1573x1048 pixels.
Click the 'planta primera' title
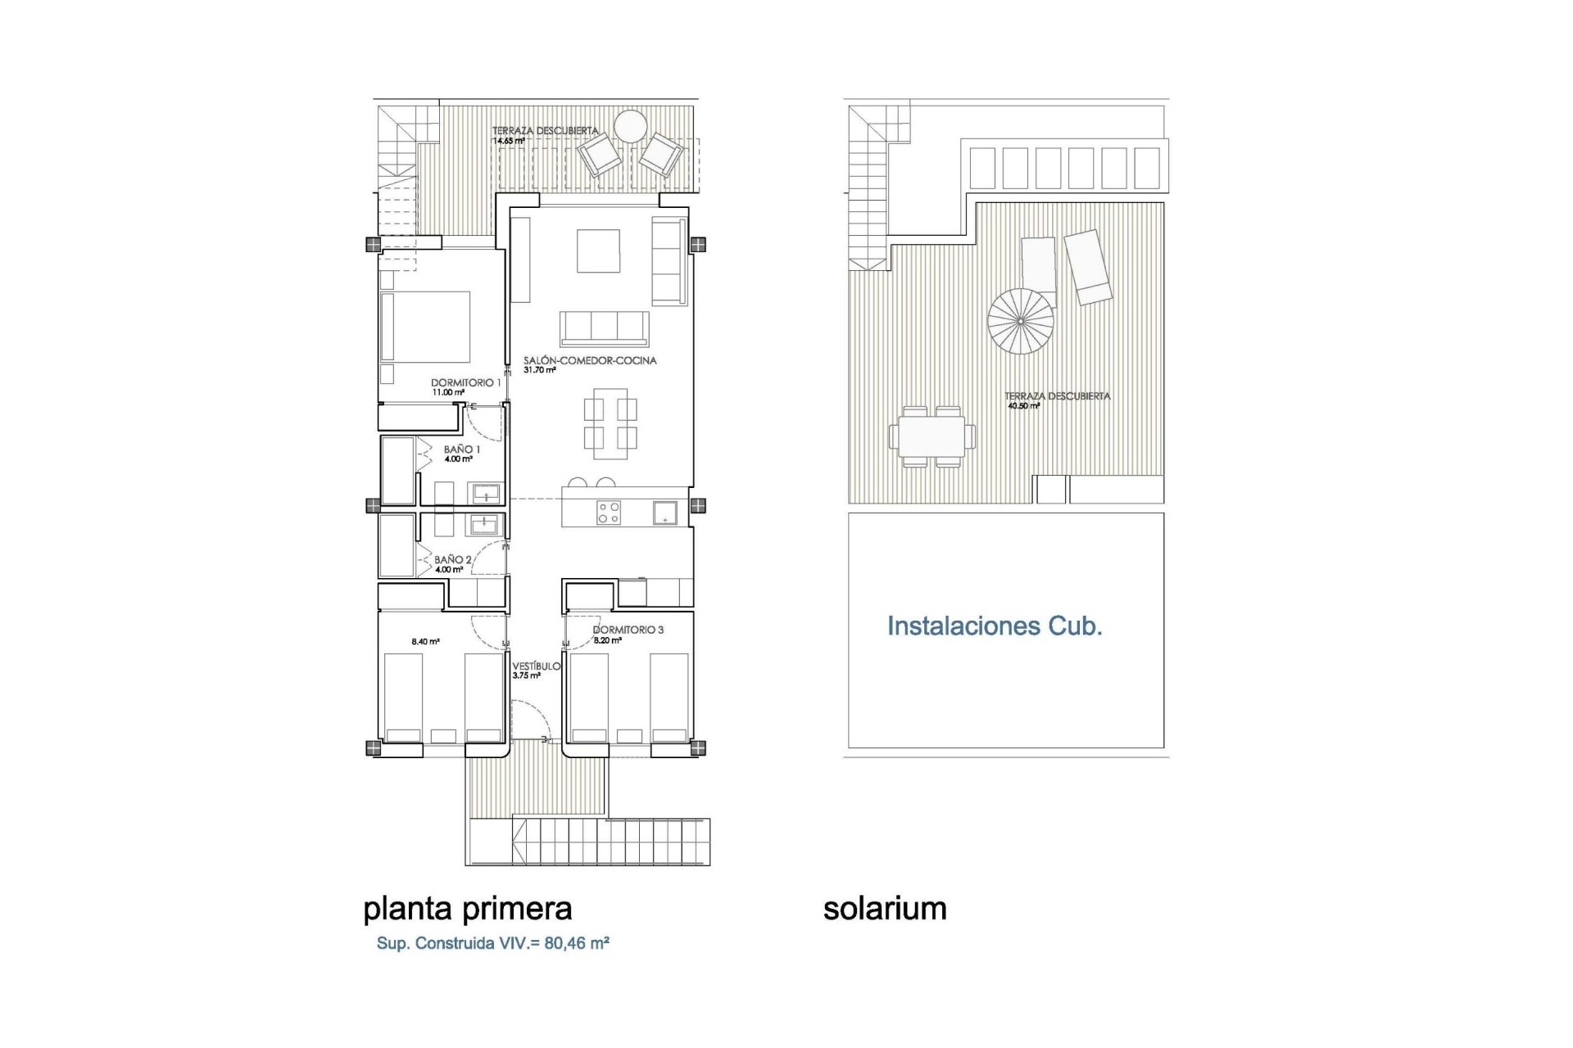coord(467,909)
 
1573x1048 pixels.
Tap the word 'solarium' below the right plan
coord(885,909)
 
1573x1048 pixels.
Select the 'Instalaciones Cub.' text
coord(995,626)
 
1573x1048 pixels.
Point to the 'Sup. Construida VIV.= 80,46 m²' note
coord(492,943)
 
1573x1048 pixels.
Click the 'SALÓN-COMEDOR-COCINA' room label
coord(590,360)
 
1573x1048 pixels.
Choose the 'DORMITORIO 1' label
coord(466,382)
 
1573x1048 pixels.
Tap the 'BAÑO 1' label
coord(462,449)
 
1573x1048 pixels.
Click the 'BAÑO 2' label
coord(453,560)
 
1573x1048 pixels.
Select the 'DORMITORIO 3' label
coord(628,630)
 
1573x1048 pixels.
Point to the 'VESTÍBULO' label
coord(537,666)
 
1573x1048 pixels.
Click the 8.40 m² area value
coord(425,642)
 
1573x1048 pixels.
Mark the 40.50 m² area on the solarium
coord(1024,405)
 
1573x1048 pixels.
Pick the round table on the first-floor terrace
coord(631,126)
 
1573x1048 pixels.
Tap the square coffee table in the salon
coord(598,251)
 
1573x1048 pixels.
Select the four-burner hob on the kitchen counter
coord(609,513)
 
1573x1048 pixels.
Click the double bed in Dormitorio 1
coord(426,327)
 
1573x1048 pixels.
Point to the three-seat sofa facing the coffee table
coord(605,327)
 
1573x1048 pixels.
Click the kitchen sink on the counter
coord(664,513)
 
